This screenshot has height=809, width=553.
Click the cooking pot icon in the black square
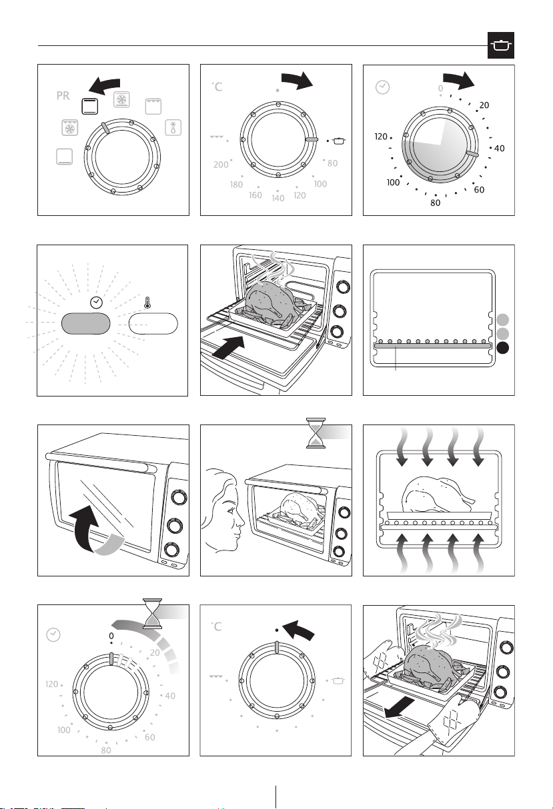click(500, 45)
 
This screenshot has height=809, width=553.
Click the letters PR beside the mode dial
click(63, 96)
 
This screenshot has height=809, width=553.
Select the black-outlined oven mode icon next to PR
click(89, 106)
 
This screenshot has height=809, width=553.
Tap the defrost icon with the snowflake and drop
click(173, 127)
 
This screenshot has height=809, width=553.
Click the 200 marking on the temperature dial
click(221, 165)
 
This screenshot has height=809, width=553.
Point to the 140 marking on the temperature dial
click(278, 198)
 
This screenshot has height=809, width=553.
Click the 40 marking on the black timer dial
click(500, 148)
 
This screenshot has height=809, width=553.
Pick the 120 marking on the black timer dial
click(381, 137)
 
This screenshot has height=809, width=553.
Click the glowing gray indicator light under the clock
click(85, 324)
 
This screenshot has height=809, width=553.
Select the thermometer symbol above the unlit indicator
click(147, 303)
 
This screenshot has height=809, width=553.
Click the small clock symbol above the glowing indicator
click(96, 303)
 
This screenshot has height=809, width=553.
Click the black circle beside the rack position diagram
click(503, 348)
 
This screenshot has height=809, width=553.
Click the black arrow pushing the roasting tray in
click(228, 347)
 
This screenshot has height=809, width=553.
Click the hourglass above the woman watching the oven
click(316, 433)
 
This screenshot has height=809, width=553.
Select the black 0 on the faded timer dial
click(111, 636)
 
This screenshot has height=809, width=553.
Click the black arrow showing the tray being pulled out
click(399, 708)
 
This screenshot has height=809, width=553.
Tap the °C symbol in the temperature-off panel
click(217, 626)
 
